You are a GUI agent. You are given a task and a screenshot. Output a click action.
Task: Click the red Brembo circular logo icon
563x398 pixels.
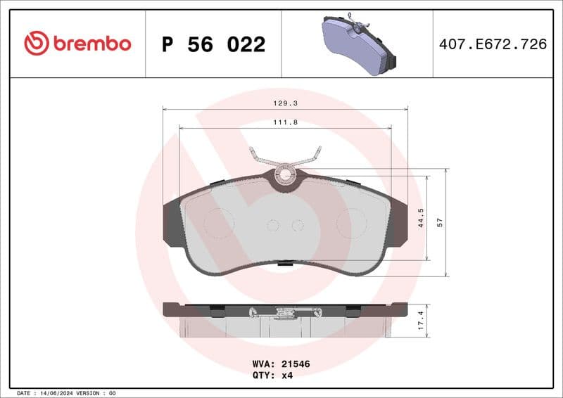36,44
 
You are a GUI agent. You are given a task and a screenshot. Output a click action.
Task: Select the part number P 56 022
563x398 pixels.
213,44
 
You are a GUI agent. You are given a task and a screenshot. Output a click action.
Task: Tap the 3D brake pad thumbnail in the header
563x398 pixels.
356,44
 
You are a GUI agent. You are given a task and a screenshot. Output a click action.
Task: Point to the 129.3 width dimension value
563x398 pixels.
285,103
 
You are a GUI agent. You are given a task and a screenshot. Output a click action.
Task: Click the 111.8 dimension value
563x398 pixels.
285,122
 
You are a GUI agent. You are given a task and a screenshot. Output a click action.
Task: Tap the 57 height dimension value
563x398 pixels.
440,222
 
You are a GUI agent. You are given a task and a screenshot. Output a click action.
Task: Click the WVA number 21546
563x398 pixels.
296,364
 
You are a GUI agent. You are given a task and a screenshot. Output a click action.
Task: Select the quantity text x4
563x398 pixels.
287,375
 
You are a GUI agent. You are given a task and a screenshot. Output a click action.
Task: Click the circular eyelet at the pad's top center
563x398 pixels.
285,173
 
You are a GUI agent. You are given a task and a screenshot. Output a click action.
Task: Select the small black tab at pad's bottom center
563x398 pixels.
285,264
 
